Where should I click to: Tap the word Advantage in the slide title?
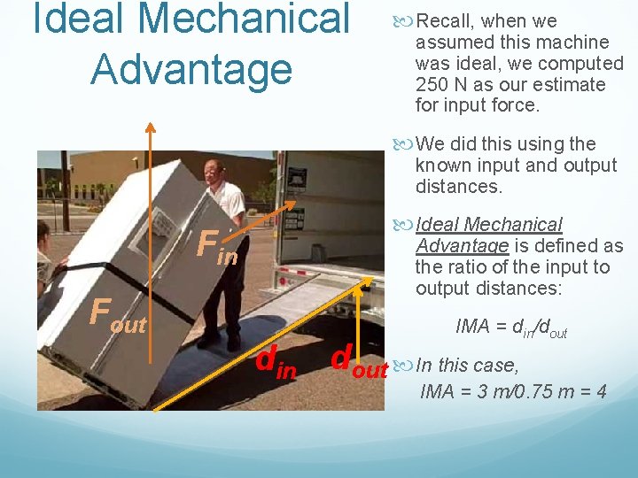pos(191,69)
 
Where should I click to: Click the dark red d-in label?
pos(276,363)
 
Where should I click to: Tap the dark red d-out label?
pos(358,362)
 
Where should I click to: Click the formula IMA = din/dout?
pos(511,328)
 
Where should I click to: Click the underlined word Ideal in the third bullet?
pos(438,225)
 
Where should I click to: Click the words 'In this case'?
pos(467,366)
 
